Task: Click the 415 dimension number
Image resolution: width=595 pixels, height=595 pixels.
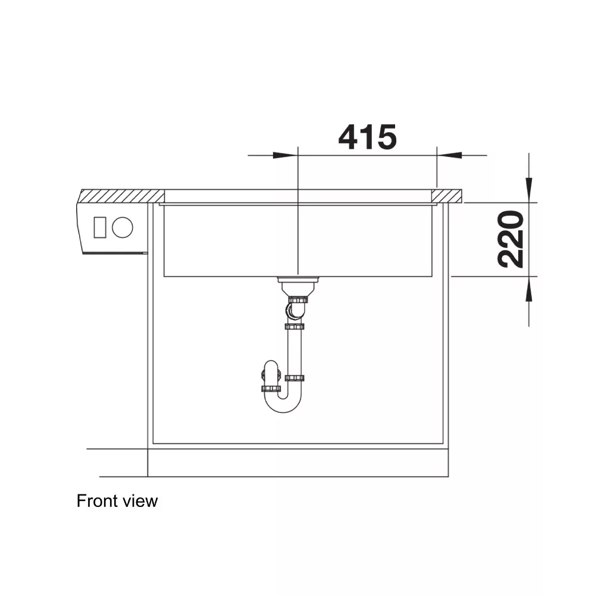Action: pyautogui.click(x=367, y=137)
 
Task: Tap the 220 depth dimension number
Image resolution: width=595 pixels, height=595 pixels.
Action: pyautogui.click(x=511, y=239)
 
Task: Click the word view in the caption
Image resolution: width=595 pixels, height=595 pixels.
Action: pyautogui.click(x=140, y=501)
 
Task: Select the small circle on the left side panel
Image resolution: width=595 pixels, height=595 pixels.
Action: pyautogui.click(x=123, y=227)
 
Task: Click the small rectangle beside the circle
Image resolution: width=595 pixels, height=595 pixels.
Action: pyautogui.click(x=100, y=227)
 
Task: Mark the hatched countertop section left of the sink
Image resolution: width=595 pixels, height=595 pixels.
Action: pyautogui.click(x=123, y=195)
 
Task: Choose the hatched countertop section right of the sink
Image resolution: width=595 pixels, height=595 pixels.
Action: pyautogui.click(x=447, y=195)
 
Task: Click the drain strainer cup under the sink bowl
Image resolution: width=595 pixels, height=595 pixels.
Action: pyautogui.click(x=297, y=287)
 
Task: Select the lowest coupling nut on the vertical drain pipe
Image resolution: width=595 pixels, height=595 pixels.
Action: pyautogui.click(x=295, y=378)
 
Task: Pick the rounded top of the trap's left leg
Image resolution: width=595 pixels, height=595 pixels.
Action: pyautogui.click(x=271, y=365)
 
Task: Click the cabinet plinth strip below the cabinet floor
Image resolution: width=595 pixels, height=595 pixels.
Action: pyautogui.click(x=297, y=463)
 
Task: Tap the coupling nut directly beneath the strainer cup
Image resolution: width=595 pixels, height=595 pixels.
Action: pyautogui.click(x=297, y=299)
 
